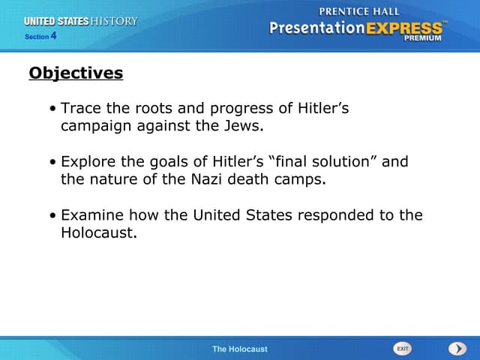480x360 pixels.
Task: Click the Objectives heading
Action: coord(76,73)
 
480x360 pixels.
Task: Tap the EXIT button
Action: coord(403,349)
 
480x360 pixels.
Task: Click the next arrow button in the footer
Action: coord(457,349)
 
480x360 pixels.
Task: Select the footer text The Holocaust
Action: coord(239,349)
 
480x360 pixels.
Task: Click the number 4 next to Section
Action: coord(53,35)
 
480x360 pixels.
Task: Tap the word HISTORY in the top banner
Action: coord(114,21)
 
